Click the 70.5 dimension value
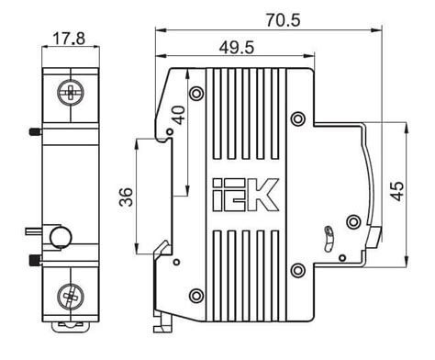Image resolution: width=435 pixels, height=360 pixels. tap(283, 20)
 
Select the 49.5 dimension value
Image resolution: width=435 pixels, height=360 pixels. tap(237, 48)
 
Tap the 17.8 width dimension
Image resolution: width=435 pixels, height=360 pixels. tap(69, 39)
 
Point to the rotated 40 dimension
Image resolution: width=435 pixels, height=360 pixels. tap(179, 115)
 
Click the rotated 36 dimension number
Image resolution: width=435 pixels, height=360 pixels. tap(126, 197)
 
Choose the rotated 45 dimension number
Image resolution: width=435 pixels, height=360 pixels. tap(397, 191)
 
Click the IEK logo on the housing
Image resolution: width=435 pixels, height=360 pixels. tap(246, 195)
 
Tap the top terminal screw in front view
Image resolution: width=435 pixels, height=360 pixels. tap(71, 92)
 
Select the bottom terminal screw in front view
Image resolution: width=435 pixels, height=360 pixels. tap(71, 297)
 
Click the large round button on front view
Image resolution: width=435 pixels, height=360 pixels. tap(61, 237)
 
